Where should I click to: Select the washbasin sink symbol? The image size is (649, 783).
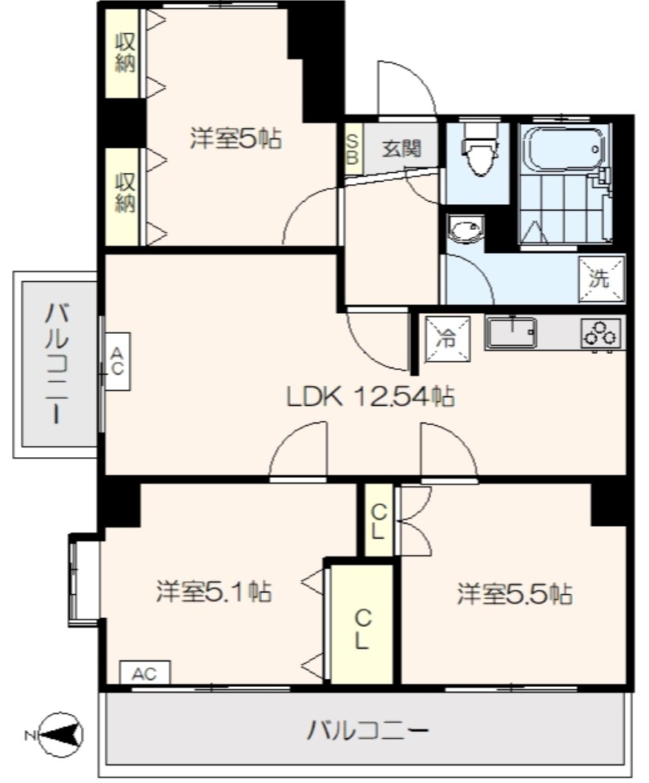tap(466, 230)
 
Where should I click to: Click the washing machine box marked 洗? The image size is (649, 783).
tap(602, 279)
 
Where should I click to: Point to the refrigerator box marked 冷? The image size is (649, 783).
tap(448, 339)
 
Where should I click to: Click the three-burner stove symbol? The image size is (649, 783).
tap(600, 333)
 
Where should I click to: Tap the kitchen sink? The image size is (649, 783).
tap(511, 332)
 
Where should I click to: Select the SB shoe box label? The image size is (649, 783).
tap(353, 148)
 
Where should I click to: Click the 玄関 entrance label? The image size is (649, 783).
tap(401, 148)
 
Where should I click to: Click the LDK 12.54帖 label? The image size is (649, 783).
tap(370, 397)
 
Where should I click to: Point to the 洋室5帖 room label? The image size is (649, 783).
tap(236, 139)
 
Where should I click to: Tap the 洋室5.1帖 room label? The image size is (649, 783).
tap(215, 591)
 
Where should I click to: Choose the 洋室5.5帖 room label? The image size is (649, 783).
tap(514, 594)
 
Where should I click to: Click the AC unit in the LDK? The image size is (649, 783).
tap(117, 362)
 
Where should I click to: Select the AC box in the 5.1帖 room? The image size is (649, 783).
tap(145, 673)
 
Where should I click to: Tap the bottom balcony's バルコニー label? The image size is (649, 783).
tap(368, 732)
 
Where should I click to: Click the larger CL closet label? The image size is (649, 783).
tap(362, 630)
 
